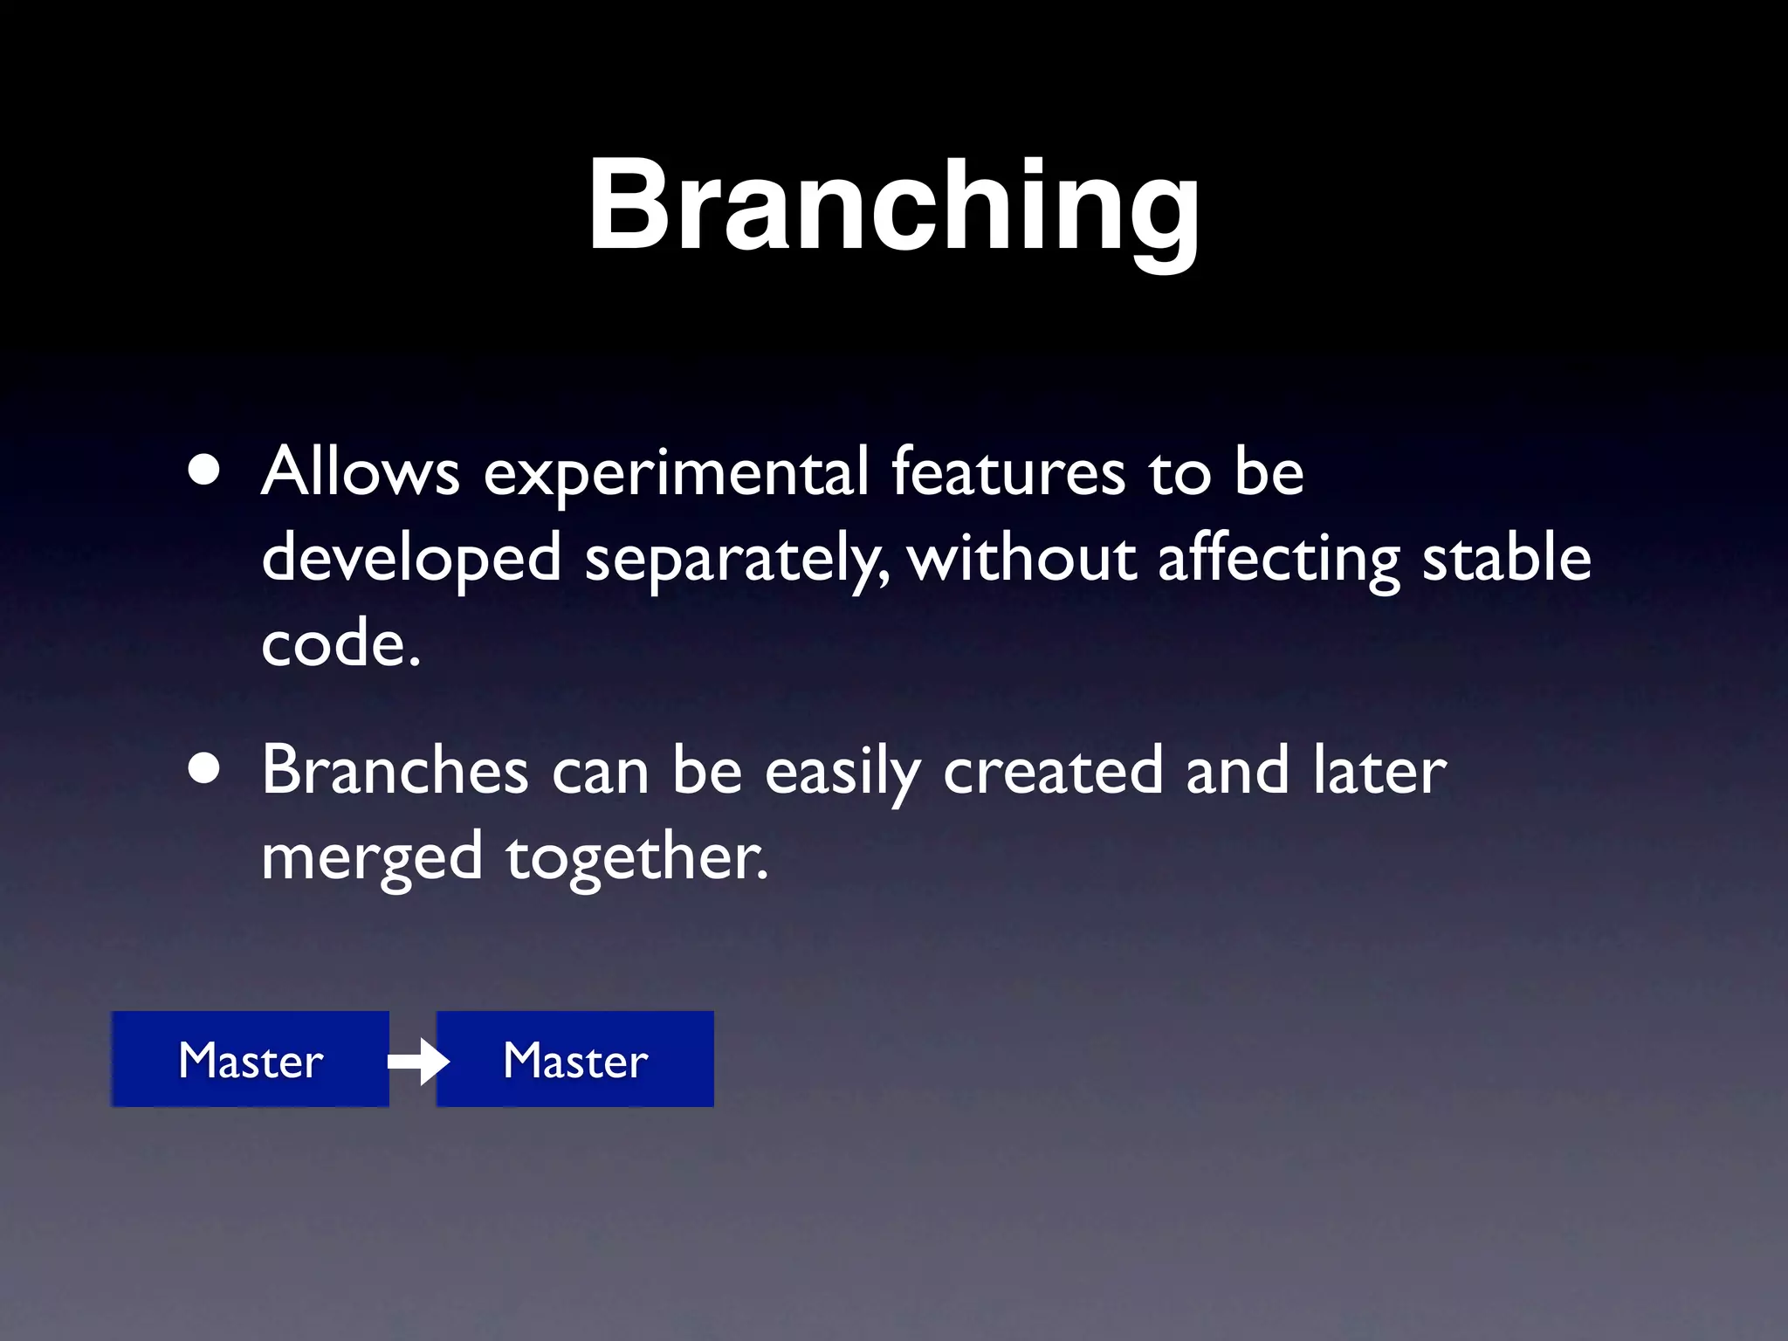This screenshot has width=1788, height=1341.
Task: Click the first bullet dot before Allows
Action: pyautogui.click(x=203, y=472)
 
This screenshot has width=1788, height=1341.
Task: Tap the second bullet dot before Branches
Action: pyautogui.click(x=203, y=771)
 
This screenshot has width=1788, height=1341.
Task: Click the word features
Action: pyautogui.click(x=1007, y=472)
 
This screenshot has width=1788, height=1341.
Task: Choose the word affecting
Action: pyautogui.click(x=1278, y=559)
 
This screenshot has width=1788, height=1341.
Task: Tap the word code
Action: pyautogui.click(x=340, y=644)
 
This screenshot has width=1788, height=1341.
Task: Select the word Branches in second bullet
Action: pyautogui.click(x=395, y=770)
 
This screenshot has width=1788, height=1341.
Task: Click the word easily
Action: pyautogui.click(x=842, y=772)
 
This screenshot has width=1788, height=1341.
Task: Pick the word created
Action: pyautogui.click(x=1053, y=770)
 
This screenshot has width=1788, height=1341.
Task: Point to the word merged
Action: pyautogui.click(x=372, y=858)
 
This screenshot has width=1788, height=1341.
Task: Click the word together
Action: pyautogui.click(x=636, y=858)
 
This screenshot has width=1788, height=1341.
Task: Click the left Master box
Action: pyautogui.click(x=250, y=1059)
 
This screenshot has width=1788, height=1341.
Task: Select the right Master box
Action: pyautogui.click(x=575, y=1059)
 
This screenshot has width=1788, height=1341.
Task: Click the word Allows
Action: pyautogui.click(x=360, y=472)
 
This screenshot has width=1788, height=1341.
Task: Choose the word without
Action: pyautogui.click(x=1021, y=559)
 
